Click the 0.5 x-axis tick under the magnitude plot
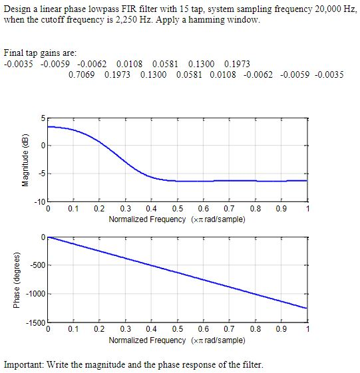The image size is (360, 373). [177, 209]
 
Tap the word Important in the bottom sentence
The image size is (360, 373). [24, 364]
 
